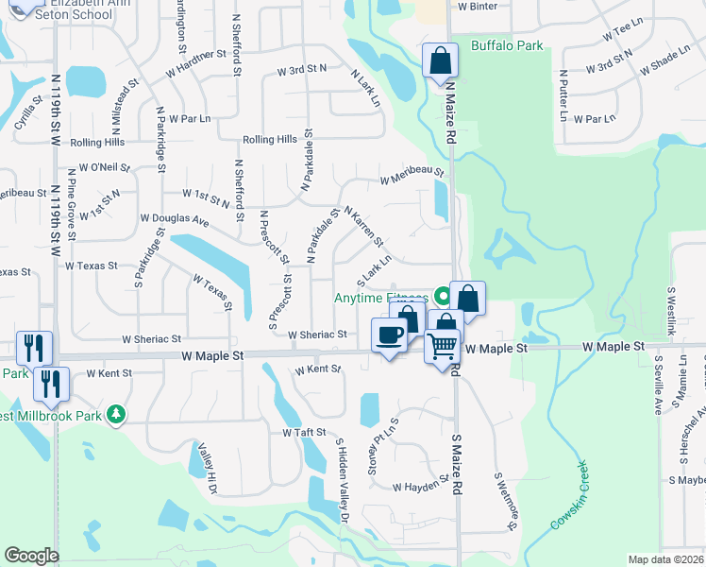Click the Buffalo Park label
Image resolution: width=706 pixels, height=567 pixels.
click(x=507, y=45)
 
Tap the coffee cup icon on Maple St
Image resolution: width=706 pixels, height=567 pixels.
click(x=389, y=335)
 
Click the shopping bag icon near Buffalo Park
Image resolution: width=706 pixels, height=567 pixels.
click(x=440, y=61)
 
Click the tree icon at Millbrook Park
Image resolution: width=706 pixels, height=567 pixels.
click(x=116, y=414)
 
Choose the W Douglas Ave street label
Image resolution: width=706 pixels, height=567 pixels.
click(x=174, y=218)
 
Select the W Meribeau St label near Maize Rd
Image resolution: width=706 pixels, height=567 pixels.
click(x=412, y=174)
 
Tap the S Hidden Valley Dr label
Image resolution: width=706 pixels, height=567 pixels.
click(x=343, y=480)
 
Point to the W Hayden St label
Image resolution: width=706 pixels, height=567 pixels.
click(x=420, y=486)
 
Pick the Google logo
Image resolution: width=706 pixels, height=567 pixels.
click(x=31, y=556)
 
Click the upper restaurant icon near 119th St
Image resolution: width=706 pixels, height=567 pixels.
click(x=34, y=347)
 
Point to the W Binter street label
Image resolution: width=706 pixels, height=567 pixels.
click(x=477, y=6)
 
